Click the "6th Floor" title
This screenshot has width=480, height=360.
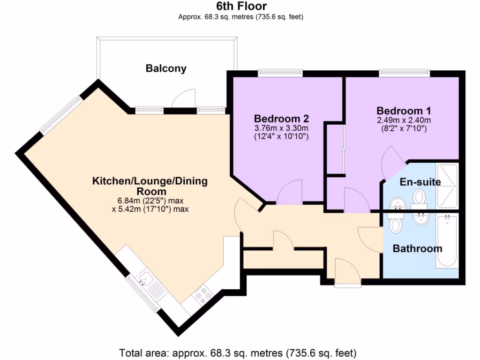pos(241,6)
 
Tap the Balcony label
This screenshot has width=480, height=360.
pos(166,68)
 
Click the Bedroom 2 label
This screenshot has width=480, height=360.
pos(281,118)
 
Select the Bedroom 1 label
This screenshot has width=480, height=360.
pos(404,111)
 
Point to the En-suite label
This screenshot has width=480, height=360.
pos(420,182)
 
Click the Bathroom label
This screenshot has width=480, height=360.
pos(417,248)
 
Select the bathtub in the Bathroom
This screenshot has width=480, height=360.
pos(447,241)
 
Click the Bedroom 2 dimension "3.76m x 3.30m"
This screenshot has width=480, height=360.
pos(281,128)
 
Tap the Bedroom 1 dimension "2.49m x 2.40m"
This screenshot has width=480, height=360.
pos(404,120)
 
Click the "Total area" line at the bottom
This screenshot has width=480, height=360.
pos(238,352)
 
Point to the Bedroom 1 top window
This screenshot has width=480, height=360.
pos(404,73)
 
